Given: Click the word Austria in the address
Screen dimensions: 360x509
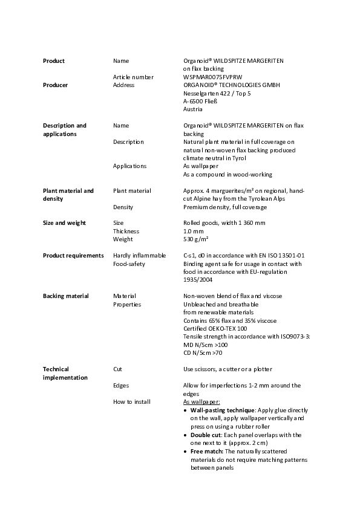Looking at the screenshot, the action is click(192, 109).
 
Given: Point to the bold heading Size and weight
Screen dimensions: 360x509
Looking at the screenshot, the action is click(64, 223).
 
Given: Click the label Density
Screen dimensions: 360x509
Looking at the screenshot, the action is click(123, 207).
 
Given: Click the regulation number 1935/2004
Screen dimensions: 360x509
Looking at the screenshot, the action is click(198, 280).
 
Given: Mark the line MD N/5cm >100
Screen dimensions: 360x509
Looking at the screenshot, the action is click(205, 345).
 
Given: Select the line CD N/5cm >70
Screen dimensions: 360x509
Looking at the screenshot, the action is click(203, 352).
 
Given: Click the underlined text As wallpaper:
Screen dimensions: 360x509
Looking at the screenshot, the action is click(201, 401).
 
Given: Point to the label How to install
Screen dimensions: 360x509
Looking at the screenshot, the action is click(131, 401).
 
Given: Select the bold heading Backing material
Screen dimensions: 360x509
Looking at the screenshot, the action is click(65, 296).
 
